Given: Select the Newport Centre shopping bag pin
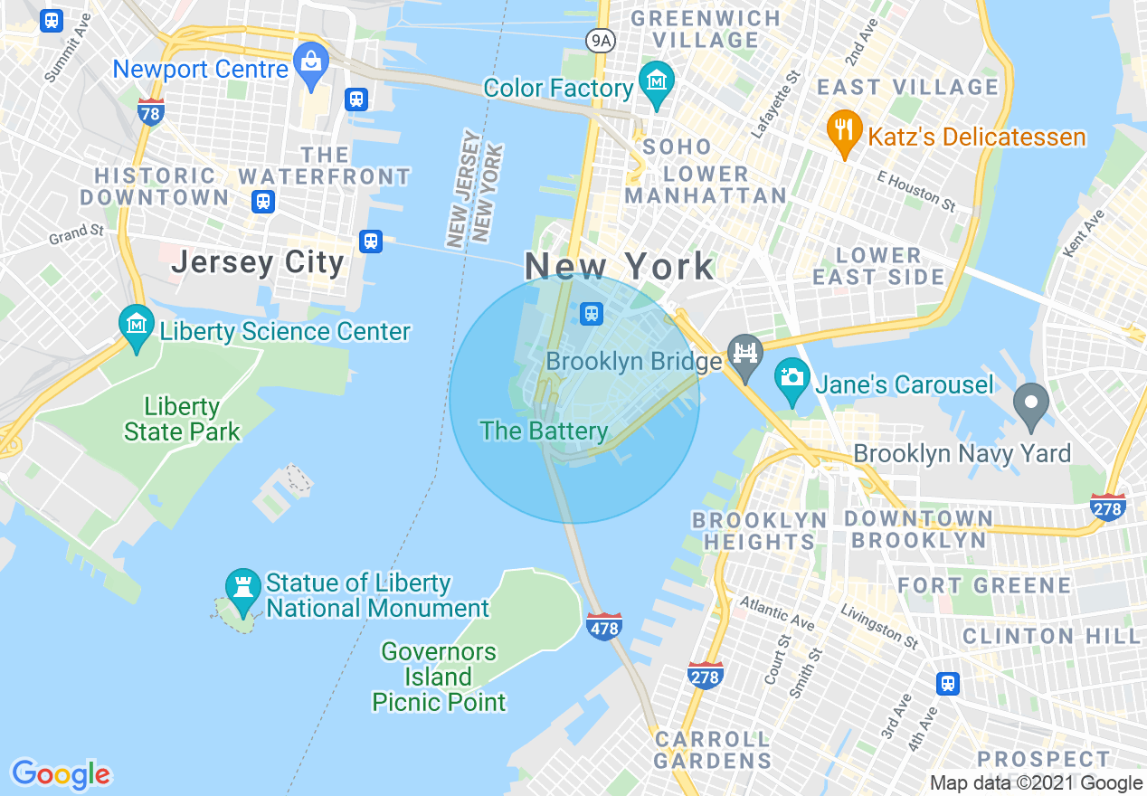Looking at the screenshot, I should pyautogui.click(x=311, y=64).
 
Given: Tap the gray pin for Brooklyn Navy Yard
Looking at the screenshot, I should pyautogui.click(x=1030, y=404).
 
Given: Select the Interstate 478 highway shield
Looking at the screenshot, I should pyautogui.click(x=603, y=626).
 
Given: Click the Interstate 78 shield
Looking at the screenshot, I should pyautogui.click(x=151, y=112).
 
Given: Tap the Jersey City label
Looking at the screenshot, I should pyautogui.click(x=258, y=262).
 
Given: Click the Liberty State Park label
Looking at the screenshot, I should pyautogui.click(x=182, y=419).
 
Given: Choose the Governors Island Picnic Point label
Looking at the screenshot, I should pyautogui.click(x=439, y=677).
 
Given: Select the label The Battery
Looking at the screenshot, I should pyautogui.click(x=544, y=431).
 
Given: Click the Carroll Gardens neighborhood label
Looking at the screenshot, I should pyautogui.click(x=713, y=750).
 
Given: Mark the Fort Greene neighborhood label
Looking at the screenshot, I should pyautogui.click(x=984, y=585).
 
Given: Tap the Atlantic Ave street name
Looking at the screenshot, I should pyautogui.click(x=776, y=613).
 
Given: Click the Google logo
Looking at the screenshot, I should pyautogui.click(x=61, y=774).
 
